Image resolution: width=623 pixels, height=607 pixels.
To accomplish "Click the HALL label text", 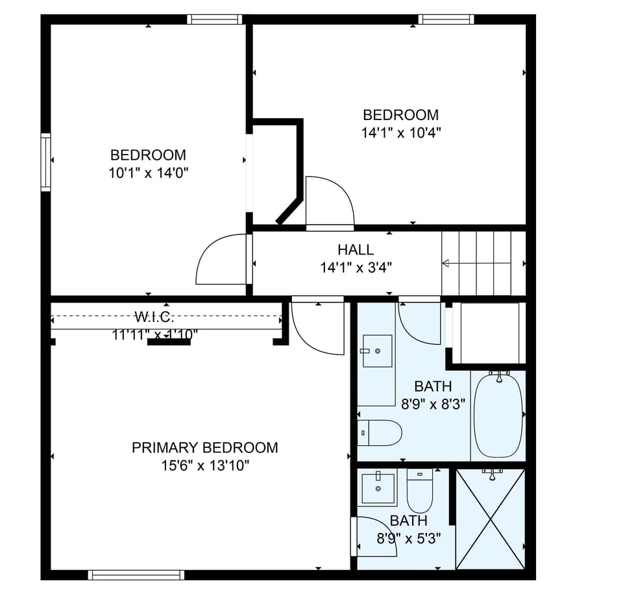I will [x=355, y=249].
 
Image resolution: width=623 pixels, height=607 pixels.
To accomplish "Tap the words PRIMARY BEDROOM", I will [x=204, y=447].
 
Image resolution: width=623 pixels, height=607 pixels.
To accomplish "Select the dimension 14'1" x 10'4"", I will [x=400, y=132].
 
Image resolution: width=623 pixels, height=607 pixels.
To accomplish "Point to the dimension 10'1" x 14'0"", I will [x=148, y=173].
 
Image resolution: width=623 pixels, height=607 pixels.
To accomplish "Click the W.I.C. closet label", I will [x=154, y=317].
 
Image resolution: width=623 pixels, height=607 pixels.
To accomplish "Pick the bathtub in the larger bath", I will [x=498, y=415].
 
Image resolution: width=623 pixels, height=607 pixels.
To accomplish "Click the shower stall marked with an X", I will [x=491, y=519].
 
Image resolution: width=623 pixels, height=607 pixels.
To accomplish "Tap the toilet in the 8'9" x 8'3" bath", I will [x=381, y=433].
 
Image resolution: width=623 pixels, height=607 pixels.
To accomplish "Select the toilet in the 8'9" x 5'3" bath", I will [x=419, y=491].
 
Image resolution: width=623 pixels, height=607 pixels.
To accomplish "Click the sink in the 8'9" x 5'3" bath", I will [x=378, y=488].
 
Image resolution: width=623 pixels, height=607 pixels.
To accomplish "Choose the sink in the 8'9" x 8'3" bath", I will [x=376, y=351].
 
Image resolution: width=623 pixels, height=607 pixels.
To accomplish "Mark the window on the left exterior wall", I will [x=45, y=162].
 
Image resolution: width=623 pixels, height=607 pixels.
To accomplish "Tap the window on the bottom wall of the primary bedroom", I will [x=136, y=575].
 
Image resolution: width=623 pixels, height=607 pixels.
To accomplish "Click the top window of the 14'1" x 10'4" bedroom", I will [x=446, y=19].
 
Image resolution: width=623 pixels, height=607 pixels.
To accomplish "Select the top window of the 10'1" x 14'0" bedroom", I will [x=215, y=19].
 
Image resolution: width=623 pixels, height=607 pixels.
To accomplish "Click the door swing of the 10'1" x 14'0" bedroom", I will [x=221, y=260].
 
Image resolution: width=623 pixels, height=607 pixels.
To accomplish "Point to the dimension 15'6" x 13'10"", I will [x=204, y=465].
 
